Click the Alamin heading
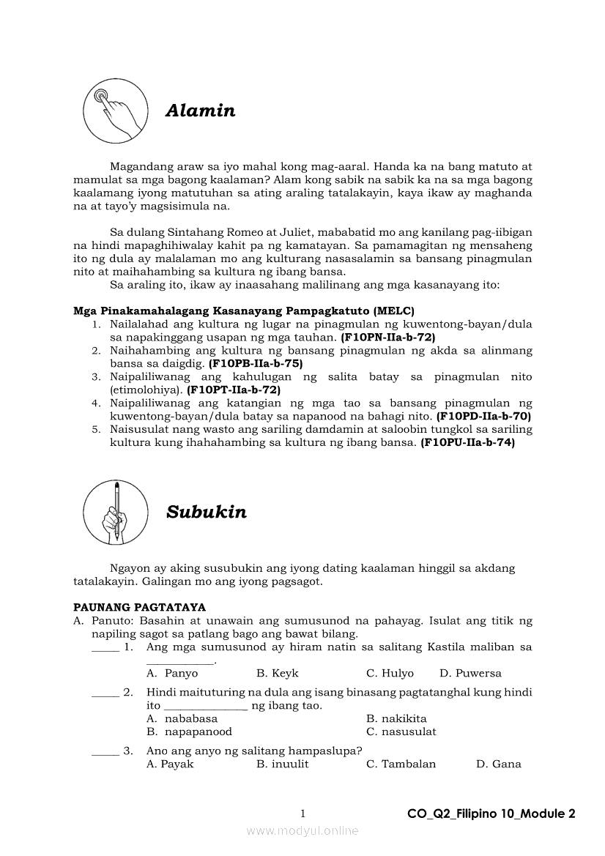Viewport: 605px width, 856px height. click(200, 111)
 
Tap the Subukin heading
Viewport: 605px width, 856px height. click(206, 512)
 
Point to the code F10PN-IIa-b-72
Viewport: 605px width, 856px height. click(388, 338)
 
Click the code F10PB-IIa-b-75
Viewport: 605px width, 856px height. click(256, 363)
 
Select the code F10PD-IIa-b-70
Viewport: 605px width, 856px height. click(483, 416)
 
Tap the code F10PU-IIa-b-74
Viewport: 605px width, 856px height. click(467, 443)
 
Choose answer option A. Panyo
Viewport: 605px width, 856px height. click(172, 674)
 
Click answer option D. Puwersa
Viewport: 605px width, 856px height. click(470, 674)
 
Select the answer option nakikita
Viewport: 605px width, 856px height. click(396, 718)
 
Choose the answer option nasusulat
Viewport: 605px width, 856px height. click(401, 732)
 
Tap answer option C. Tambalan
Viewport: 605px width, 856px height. click(401, 764)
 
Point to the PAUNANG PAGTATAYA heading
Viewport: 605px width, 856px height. click(139, 607)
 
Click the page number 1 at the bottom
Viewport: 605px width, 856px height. click(302, 814)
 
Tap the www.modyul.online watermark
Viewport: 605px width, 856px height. click(302, 830)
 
